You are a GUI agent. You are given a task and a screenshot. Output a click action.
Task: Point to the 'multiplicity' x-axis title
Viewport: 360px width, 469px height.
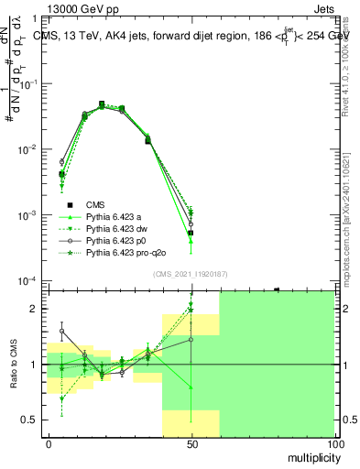pos(311,455)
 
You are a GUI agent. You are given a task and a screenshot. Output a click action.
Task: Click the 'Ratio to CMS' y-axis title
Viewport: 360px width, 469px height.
pos(13,365)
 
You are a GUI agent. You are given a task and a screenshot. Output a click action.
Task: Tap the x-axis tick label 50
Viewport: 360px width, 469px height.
pos(191,442)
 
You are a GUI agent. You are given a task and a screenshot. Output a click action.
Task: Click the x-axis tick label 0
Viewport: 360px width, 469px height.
pos(49,442)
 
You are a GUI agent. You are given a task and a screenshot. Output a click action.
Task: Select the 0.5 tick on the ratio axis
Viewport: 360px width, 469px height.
pos(33,420)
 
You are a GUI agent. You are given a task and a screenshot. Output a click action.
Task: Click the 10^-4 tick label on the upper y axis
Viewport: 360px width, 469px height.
pos(29,280)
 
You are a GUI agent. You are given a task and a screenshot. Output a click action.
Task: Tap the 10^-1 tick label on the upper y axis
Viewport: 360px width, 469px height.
pos(29,83)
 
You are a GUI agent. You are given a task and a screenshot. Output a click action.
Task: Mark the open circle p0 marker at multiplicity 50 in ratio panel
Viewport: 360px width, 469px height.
pos(191,339)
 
